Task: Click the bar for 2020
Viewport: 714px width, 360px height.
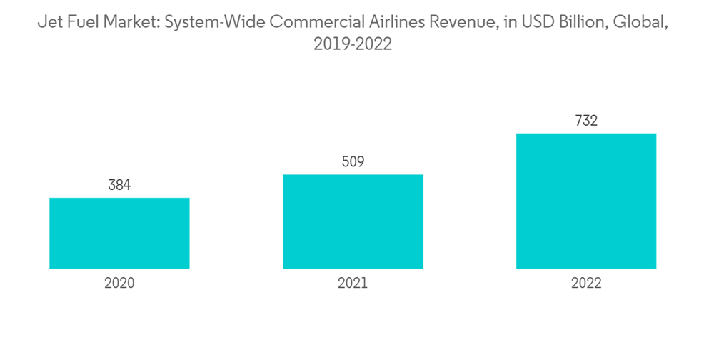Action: (x=119, y=233)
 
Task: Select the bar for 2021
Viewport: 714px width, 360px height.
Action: (x=353, y=221)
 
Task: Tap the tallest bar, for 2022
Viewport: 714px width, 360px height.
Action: (x=586, y=201)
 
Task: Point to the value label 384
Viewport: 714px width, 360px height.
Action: (x=119, y=186)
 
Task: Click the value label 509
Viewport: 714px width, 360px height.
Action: (x=353, y=162)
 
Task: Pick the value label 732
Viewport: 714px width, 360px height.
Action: (x=586, y=121)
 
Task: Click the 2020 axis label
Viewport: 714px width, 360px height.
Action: (x=119, y=283)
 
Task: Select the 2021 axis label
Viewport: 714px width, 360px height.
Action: (x=353, y=283)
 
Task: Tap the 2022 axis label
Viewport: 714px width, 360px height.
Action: (x=586, y=283)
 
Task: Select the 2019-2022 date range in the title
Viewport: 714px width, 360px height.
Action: (x=353, y=44)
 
